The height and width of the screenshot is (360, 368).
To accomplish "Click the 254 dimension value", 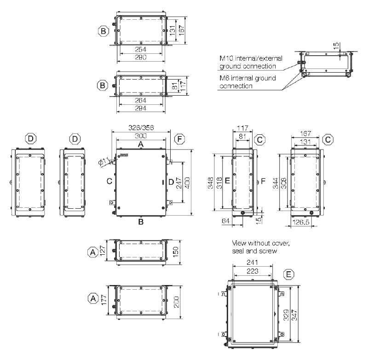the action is coord(141,49).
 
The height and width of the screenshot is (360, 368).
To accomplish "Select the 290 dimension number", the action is coord(141,57).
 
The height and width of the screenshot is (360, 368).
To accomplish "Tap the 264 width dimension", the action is coord(141,100).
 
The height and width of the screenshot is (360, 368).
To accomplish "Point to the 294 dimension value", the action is coord(141,108).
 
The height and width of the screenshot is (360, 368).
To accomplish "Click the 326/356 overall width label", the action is coord(141,127).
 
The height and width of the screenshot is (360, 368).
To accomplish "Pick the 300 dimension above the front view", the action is coord(141,136).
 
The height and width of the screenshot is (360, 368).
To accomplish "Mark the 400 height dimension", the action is coord(187,183).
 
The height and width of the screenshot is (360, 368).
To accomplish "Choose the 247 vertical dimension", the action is coord(179,183).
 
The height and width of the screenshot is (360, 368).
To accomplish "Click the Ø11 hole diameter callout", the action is coord(103,162).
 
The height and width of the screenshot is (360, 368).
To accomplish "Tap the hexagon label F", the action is coord(179,139).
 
